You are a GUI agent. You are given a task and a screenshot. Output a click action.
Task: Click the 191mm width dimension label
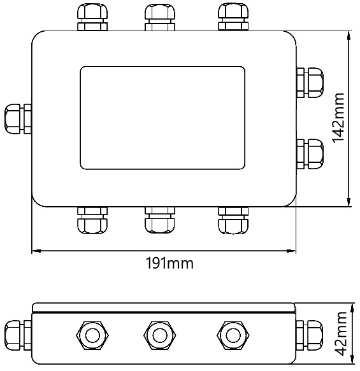coord(168,263)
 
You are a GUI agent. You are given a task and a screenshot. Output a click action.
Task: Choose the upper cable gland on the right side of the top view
coord(310,82)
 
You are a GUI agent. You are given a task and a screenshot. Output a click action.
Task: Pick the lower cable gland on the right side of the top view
coord(310,154)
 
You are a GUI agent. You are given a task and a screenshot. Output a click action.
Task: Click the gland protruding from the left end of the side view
coord(18,333)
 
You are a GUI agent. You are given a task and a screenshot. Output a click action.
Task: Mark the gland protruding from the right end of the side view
coord(310,333)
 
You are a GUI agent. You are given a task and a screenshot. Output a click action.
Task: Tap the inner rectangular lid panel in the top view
coord(162,117)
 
